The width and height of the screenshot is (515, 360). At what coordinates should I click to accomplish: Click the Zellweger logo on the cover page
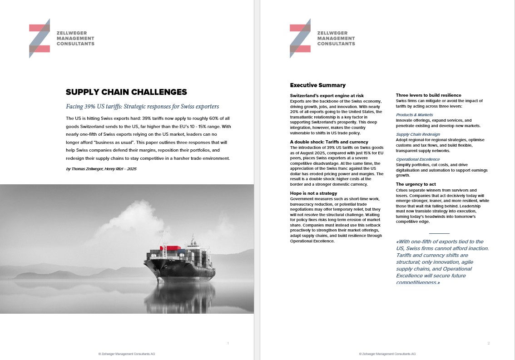(61, 39)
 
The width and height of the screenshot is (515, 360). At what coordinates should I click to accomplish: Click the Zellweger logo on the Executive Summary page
(322, 39)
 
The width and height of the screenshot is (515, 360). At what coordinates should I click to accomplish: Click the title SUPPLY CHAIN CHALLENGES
(126, 92)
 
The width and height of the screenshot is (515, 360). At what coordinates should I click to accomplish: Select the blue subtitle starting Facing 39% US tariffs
(142, 107)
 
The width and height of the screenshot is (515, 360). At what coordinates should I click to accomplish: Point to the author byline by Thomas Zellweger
(101, 169)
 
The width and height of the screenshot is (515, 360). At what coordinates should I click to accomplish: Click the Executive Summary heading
(317, 85)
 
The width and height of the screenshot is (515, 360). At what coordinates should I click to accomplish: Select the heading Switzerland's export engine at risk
(327, 95)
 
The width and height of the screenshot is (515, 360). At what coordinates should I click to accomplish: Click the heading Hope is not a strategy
(313, 193)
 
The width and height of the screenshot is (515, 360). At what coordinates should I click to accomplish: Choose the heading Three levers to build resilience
(428, 95)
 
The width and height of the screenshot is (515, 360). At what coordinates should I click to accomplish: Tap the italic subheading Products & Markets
(414, 115)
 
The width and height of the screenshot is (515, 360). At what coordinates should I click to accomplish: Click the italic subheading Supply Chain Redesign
(418, 134)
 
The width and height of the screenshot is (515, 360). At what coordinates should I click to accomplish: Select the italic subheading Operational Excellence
(418, 159)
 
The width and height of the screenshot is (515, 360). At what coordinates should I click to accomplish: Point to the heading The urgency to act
(416, 184)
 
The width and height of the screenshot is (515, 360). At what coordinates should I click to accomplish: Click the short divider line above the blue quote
(439, 233)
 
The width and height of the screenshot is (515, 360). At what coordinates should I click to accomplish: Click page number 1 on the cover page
(228, 343)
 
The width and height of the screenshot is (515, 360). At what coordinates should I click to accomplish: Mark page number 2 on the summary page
(488, 343)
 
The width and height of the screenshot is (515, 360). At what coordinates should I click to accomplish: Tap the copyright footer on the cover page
(127, 354)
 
